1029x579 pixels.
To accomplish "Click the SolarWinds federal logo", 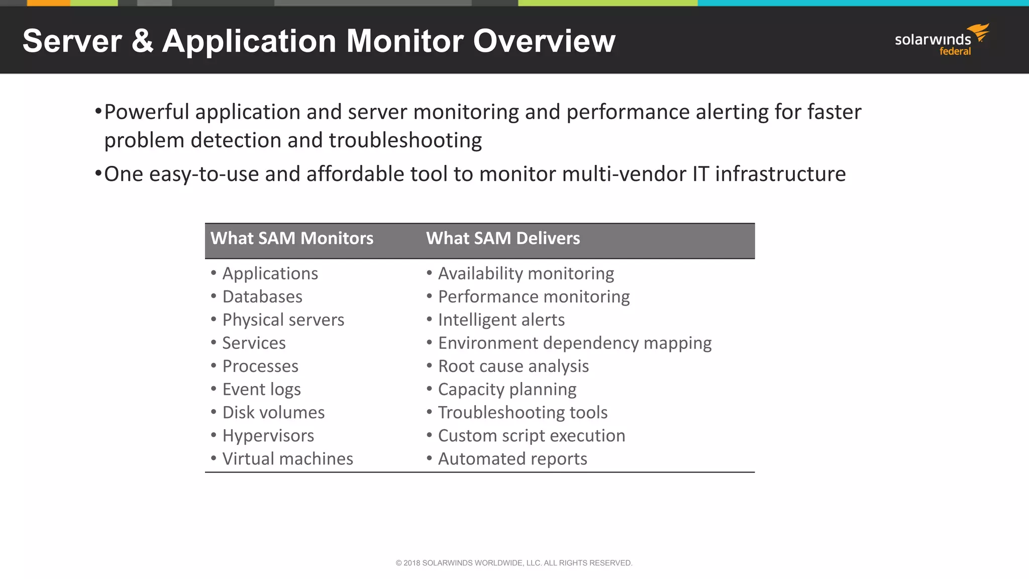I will pyautogui.click(x=941, y=40).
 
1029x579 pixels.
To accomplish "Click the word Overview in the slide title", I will pyautogui.click(x=544, y=41).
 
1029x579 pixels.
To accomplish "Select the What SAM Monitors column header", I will pyautogui.click(x=292, y=238).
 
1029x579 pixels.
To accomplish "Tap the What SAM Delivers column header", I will pyautogui.click(x=503, y=238).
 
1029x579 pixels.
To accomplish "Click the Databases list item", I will pyautogui.click(x=262, y=297).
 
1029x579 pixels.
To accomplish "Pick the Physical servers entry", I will pyautogui.click(x=283, y=320).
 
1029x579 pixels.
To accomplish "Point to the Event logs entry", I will pyautogui.click(x=261, y=390).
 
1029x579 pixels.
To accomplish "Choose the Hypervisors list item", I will pyautogui.click(x=268, y=436).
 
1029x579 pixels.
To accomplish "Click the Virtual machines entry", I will pyautogui.click(x=287, y=459).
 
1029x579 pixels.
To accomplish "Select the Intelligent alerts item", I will pyautogui.click(x=501, y=320).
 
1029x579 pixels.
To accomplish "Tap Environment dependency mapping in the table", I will pyautogui.click(x=575, y=343).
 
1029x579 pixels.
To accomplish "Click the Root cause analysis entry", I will pyautogui.click(x=513, y=366).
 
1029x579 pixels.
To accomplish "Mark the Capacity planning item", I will pyautogui.click(x=507, y=390).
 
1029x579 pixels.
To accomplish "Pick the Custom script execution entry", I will pyautogui.click(x=532, y=436).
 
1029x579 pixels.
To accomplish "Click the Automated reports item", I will pyautogui.click(x=512, y=459).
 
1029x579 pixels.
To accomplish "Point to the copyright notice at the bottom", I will pyautogui.click(x=514, y=563).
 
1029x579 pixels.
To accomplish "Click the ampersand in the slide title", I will pyautogui.click(x=142, y=41).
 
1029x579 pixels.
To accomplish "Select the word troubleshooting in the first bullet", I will pyautogui.click(x=405, y=140).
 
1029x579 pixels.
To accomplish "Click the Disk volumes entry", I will pyautogui.click(x=273, y=413).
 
